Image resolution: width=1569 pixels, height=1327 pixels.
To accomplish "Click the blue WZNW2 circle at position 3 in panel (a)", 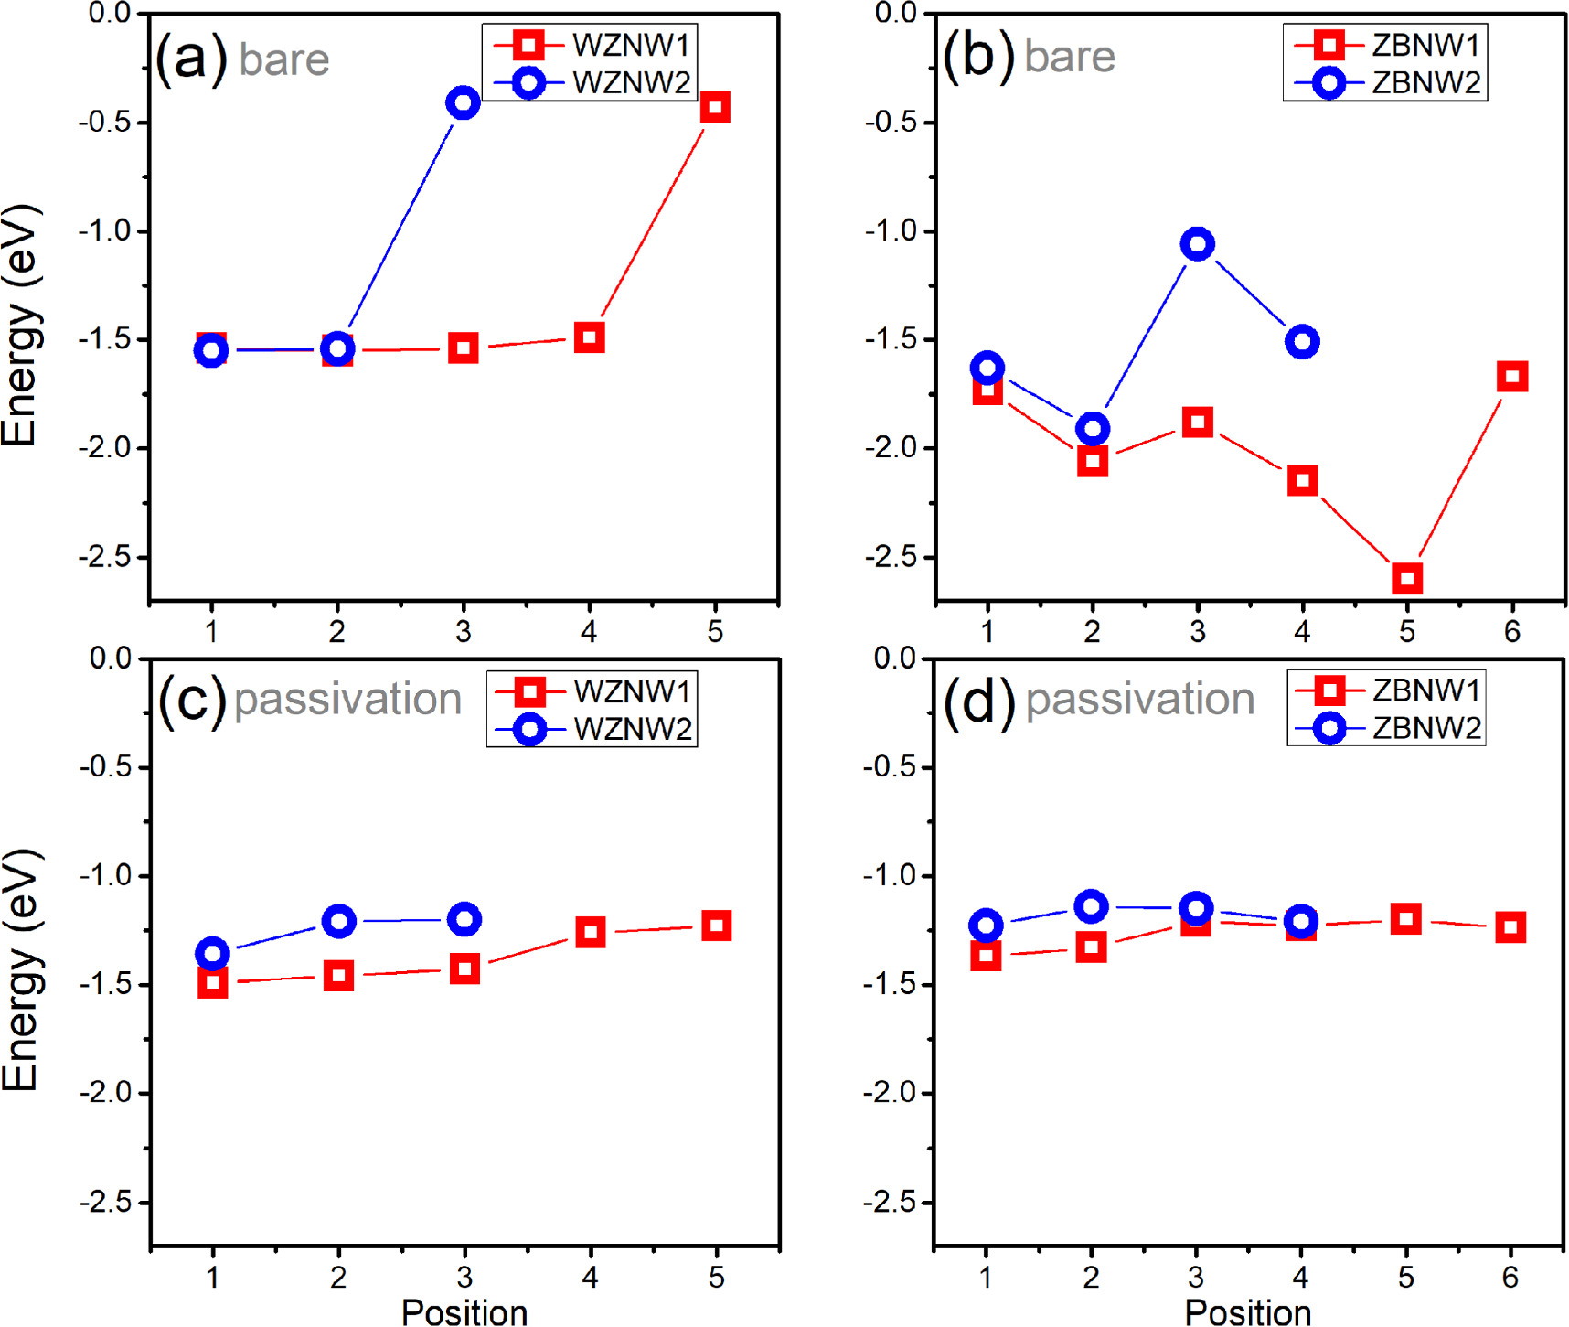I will (x=464, y=102).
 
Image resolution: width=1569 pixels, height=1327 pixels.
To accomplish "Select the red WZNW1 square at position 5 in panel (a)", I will (x=715, y=107).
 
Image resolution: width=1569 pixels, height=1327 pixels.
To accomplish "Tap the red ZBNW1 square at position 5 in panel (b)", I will (x=1407, y=578).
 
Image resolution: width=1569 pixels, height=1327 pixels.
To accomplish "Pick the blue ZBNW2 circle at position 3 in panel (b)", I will (x=1197, y=244).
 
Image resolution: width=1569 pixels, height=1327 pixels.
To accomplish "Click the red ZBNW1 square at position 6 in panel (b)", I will (x=1512, y=376).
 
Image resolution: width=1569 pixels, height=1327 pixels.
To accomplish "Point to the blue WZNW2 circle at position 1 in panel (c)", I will (x=212, y=954).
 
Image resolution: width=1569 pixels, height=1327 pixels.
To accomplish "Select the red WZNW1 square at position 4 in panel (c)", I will (x=590, y=932).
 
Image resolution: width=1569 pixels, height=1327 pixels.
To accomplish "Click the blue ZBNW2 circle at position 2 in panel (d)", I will (x=1091, y=906).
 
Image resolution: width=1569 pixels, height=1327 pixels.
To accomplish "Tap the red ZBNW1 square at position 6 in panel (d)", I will (x=1510, y=927).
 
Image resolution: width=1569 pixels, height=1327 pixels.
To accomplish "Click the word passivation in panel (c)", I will (x=347, y=700).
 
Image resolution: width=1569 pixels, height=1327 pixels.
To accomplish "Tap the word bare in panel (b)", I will (x=1070, y=57).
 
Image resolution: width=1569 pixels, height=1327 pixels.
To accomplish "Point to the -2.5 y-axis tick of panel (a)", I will (x=107, y=556).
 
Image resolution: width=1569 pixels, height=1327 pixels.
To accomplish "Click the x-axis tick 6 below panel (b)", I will (x=1512, y=631).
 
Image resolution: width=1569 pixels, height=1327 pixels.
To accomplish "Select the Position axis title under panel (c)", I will (x=464, y=1311).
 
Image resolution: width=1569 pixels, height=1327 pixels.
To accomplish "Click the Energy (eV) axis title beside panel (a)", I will (x=20, y=325).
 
